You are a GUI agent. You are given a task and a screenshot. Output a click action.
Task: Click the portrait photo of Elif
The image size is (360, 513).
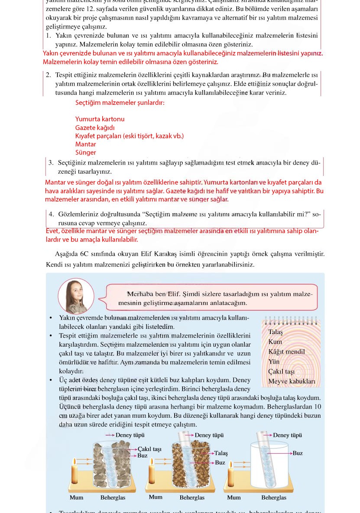pyautogui.click(x=76, y=296)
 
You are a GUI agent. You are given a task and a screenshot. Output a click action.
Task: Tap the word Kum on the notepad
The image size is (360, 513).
pyautogui.click(x=275, y=342)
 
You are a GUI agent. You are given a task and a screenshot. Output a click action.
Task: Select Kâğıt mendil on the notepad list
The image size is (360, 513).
pyautogui.click(x=286, y=352)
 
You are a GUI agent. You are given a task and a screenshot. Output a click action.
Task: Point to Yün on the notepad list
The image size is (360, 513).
pyautogui.click(x=274, y=362)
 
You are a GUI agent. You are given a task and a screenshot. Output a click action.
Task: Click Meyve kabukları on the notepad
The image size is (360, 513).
pyautogui.click(x=292, y=382)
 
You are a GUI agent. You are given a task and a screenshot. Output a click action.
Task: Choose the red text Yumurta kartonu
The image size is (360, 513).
pyautogui.click(x=100, y=119)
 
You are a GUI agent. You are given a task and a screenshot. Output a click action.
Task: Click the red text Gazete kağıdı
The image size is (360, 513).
pyautogui.click(x=95, y=128)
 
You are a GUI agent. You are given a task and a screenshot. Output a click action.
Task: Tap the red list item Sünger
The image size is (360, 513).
pyautogui.click(x=86, y=153)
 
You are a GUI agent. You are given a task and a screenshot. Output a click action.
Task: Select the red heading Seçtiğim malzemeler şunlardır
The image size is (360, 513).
pyautogui.click(x=120, y=103)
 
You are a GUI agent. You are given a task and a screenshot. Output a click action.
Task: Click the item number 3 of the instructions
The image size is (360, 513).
pyautogui.click(x=51, y=163)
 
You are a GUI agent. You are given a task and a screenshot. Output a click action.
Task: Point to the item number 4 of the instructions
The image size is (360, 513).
pyautogui.click(x=51, y=214)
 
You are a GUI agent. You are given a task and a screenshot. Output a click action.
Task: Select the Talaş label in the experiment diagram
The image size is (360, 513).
pyautogui.click(x=221, y=453)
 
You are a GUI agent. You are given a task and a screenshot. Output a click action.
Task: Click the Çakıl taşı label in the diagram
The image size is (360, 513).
pyautogui.click(x=149, y=449)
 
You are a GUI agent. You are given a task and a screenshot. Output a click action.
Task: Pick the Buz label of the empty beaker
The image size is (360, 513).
pyautogui.click(x=298, y=453)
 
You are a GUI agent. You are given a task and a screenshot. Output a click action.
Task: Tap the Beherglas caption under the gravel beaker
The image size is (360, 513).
pyautogui.click(x=113, y=498)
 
